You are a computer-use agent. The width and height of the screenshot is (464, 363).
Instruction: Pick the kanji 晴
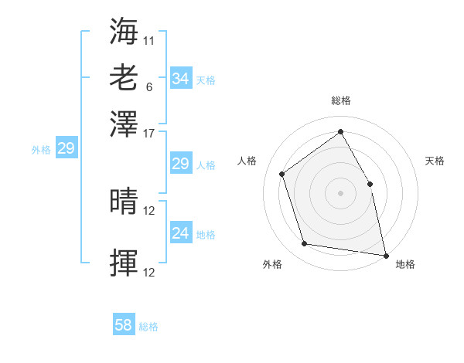pyautogui.click(x=124, y=202)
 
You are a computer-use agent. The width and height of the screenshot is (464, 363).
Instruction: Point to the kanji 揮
pyautogui.click(x=124, y=263)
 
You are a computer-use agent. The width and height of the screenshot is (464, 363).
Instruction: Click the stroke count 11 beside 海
pyautogui.click(x=149, y=39)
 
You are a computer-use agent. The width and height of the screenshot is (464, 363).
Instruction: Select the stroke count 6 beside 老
pyautogui.click(x=148, y=87)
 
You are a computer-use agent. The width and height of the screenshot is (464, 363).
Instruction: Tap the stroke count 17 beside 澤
pyautogui.click(x=149, y=132)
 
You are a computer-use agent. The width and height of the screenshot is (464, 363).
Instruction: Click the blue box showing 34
pyautogui.click(x=180, y=79)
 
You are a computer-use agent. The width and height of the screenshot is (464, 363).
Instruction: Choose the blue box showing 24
pyautogui.click(x=180, y=232)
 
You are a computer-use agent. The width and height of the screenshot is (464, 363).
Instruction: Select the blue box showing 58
pyautogui.click(x=123, y=325)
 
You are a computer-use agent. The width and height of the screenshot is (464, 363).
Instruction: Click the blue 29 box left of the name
pyautogui.click(x=66, y=149)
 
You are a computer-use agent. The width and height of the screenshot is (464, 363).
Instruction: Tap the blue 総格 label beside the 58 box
pyautogui.click(x=148, y=327)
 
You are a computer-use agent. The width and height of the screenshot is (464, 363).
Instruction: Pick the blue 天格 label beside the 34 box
pyautogui.click(x=205, y=80)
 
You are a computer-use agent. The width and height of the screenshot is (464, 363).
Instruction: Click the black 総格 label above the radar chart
pyautogui.click(x=340, y=101)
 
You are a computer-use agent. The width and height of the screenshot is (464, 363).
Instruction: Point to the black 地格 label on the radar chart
pyautogui.click(x=405, y=265)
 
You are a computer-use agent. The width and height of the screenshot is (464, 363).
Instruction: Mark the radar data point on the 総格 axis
pyautogui.click(x=340, y=131)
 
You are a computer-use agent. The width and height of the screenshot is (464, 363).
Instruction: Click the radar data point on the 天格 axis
pyautogui.click(x=370, y=184)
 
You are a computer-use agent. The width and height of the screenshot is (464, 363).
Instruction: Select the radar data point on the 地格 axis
pyautogui.click(x=384, y=254)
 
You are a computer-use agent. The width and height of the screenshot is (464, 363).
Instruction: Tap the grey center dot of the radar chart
pyautogui.click(x=340, y=193)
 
